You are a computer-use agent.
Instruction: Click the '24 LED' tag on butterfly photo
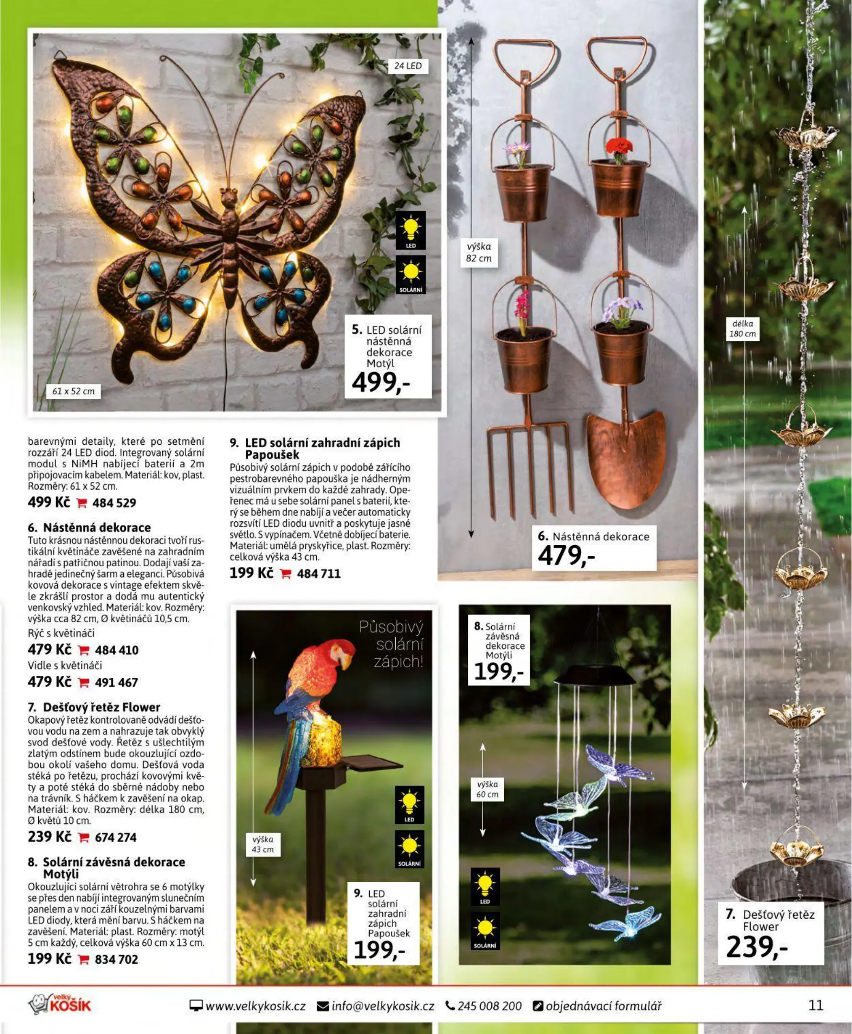pyautogui.click(x=408, y=66)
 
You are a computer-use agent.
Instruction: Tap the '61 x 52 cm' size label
pyautogui.click(x=74, y=391)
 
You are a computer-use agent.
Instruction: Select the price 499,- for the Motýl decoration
pyautogui.click(x=381, y=382)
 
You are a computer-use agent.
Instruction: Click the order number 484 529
pyautogui.click(x=114, y=503)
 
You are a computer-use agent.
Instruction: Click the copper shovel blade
pyautogui.click(x=626, y=457)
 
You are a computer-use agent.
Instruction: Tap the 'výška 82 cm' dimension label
pyautogui.click(x=478, y=252)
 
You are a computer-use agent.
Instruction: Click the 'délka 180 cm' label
pyautogui.click(x=742, y=329)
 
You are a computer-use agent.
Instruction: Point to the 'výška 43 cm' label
pyautogui.click(x=263, y=844)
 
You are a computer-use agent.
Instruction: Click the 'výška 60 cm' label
pyautogui.click(x=487, y=789)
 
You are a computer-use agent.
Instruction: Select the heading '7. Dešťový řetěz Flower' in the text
pyautogui.click(x=94, y=707)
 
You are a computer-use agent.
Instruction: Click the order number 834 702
pyautogui.click(x=116, y=959)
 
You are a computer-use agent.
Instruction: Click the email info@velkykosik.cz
pyautogui.click(x=376, y=1006)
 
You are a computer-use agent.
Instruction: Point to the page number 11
pyautogui.click(x=816, y=1005)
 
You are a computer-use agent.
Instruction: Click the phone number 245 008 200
pyautogui.click(x=484, y=1006)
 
